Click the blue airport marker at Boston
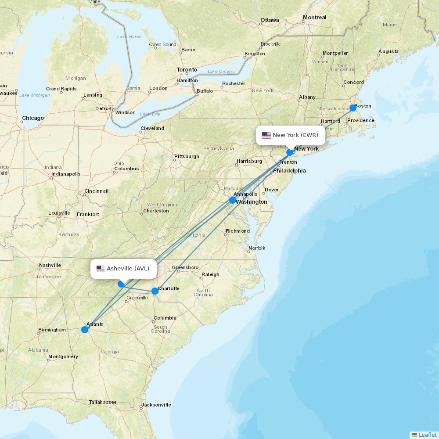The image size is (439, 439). click(353, 108)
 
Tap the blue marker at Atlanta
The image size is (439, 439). click(85, 330)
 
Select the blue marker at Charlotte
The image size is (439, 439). click(155, 291)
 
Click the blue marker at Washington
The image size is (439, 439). click(233, 200)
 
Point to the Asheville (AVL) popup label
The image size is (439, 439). click(123, 269)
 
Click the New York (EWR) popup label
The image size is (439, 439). click(291, 135)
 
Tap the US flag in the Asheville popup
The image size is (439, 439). click(101, 269)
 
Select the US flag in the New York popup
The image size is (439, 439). click(266, 135)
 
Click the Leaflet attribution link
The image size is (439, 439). click(428, 435)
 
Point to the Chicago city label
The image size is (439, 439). click(33, 118)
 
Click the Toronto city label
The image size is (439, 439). click(187, 70)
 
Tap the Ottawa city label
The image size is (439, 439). click(270, 20)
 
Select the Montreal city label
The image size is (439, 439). click(314, 18)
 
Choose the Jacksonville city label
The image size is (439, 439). click(156, 405)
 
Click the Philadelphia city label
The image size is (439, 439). click(289, 171)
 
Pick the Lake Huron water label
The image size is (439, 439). click(130, 37)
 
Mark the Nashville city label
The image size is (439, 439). click(50, 265)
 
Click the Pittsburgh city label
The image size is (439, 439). click(187, 156)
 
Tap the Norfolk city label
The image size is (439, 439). click(257, 248)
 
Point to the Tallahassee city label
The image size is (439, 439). click(103, 402)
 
